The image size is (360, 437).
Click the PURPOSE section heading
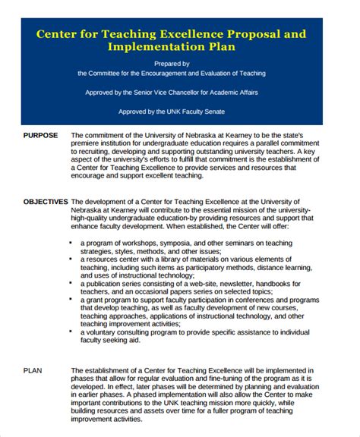coord(40,135)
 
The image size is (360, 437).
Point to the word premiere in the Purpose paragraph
coord(87,143)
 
